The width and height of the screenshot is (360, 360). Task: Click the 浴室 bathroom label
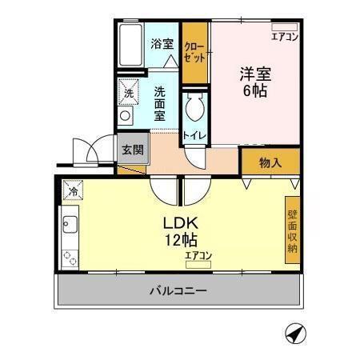162,43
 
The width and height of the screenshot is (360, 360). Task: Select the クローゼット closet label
194,54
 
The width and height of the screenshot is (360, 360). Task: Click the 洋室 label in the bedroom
256,74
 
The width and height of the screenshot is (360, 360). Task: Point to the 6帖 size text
256,91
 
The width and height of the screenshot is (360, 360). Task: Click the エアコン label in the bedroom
285,37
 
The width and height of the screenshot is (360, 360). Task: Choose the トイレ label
195,137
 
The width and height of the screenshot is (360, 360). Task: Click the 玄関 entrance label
133,149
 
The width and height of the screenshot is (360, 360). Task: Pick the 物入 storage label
270,162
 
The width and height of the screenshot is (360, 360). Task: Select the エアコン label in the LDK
198,255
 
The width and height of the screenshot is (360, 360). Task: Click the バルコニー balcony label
178,290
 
